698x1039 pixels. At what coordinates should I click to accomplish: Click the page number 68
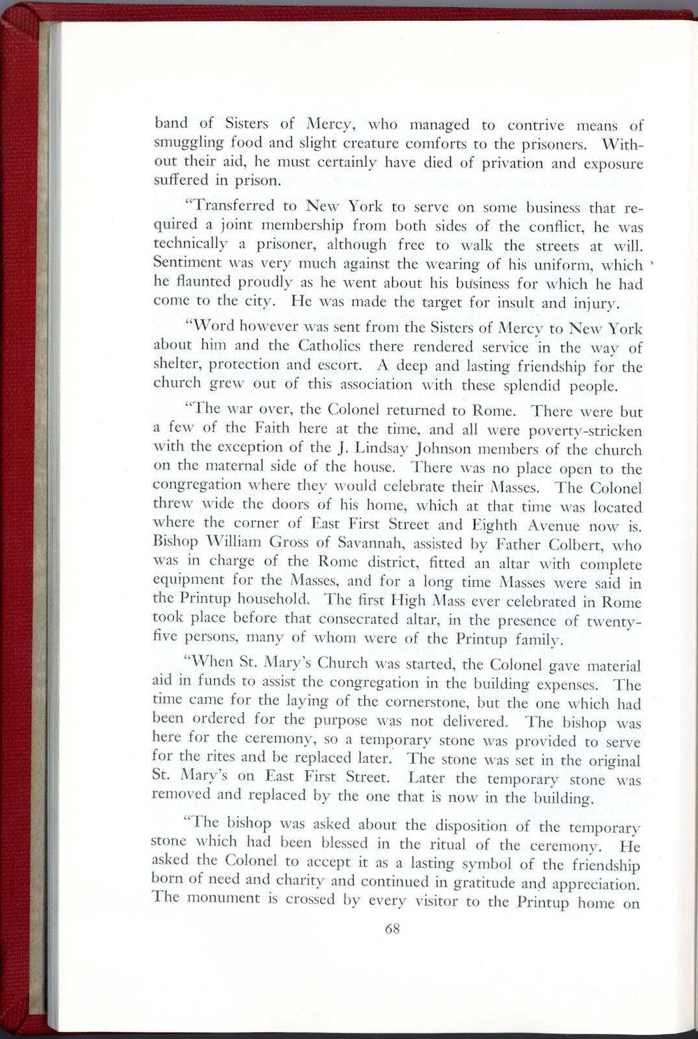click(392, 928)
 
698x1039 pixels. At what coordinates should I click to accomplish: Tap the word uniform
click(581, 264)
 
